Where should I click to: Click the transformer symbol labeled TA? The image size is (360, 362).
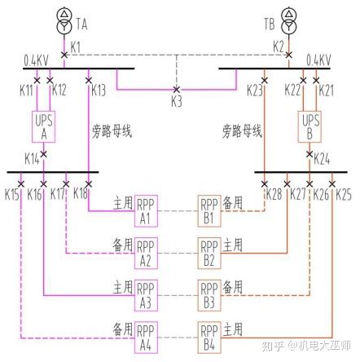point(64,20)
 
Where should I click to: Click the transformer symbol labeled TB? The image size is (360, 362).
point(287,20)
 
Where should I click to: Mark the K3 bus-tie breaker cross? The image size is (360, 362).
point(176,90)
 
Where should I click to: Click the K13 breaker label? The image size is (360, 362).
point(99,90)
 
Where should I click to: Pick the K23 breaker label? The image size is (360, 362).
point(252,90)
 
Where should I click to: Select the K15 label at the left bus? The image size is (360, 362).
point(12,195)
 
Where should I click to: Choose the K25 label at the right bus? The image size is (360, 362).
point(343,195)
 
